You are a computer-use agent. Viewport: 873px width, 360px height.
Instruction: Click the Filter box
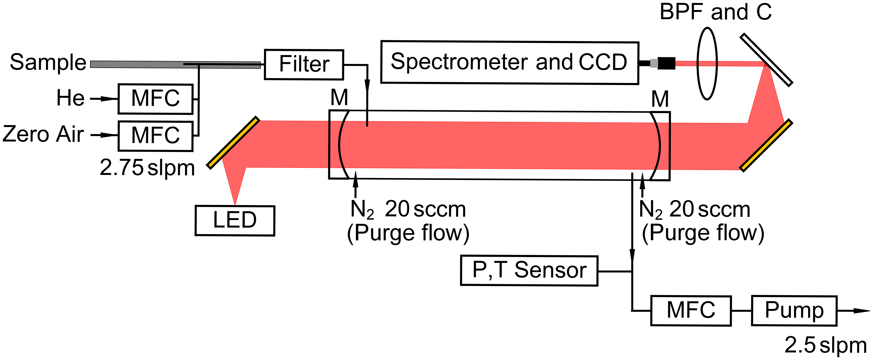(304, 64)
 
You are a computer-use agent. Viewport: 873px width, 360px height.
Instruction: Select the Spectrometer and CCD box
(509, 62)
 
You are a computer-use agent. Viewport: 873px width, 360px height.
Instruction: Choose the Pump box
(794, 310)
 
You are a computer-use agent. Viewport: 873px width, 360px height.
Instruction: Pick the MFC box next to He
(155, 99)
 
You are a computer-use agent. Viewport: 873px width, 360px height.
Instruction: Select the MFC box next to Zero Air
(155, 136)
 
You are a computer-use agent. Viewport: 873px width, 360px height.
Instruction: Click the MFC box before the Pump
(691, 310)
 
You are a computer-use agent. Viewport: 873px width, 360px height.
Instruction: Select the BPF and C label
(715, 12)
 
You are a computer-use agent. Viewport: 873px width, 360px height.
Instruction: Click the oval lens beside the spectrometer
(707, 64)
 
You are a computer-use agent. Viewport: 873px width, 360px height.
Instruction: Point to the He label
(70, 98)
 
